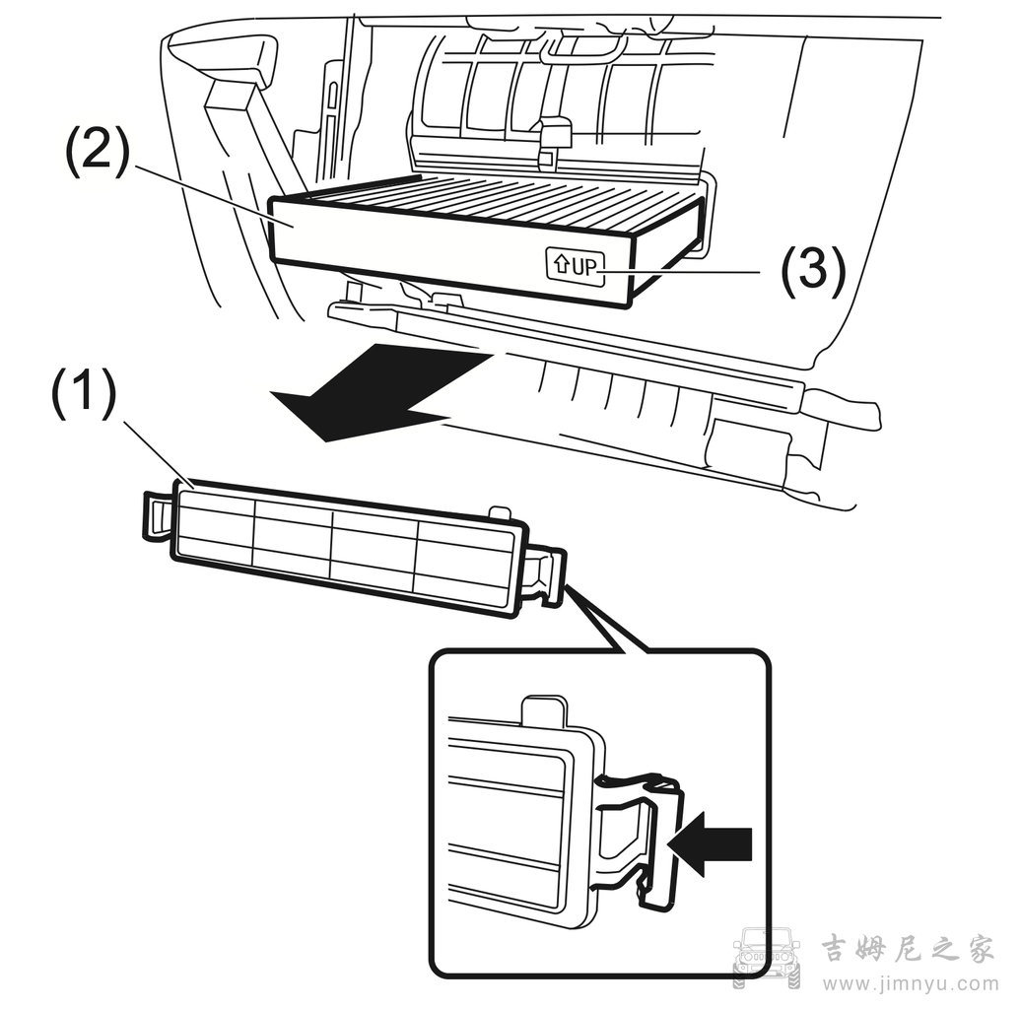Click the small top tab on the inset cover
pyautogui.click(x=544, y=709)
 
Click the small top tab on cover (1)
pyautogui.click(x=500, y=510)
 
